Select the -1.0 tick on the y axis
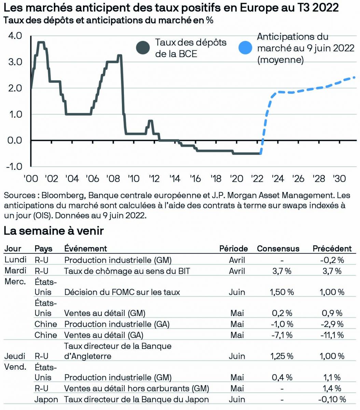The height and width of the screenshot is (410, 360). (x=13, y=166)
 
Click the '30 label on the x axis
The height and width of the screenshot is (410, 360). (x=339, y=178)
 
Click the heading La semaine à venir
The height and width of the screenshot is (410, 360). (x=54, y=231)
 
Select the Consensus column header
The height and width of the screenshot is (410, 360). (x=278, y=249)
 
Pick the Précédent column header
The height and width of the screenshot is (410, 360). (x=332, y=249)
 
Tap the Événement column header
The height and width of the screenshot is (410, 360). (x=85, y=249)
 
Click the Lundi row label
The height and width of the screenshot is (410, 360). (x=15, y=260)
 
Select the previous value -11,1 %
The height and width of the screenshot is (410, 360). (x=332, y=335)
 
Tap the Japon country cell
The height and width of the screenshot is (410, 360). (x=46, y=399)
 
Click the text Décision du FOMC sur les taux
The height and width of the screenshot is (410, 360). (x=122, y=292)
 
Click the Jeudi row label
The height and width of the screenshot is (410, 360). (x=15, y=356)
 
